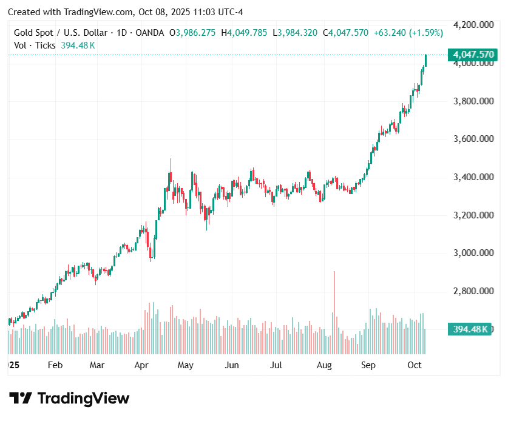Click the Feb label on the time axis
click(x=55, y=365)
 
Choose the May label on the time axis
click(x=185, y=365)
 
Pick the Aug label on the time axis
click(x=324, y=365)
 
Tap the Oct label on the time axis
click(x=415, y=365)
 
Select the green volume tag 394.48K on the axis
click(x=470, y=329)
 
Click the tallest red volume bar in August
click(x=334, y=312)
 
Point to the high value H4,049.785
click(x=245, y=33)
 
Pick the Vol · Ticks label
click(x=35, y=45)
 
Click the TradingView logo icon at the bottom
click(x=21, y=399)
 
